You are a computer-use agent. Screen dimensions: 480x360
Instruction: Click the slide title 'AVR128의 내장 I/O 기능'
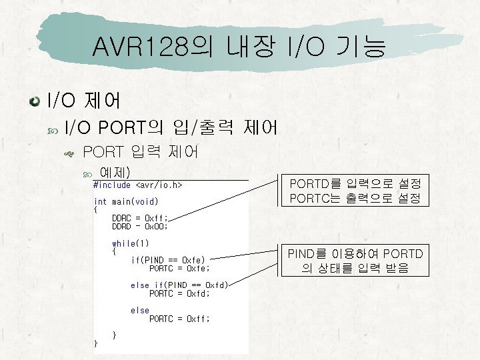(239, 47)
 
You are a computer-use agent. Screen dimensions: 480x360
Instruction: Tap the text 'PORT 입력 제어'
(141, 153)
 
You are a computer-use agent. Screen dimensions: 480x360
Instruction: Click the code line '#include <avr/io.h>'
(138, 185)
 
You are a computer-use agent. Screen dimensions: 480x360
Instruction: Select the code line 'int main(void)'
(126, 201)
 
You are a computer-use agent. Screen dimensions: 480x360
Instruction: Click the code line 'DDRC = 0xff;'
(140, 218)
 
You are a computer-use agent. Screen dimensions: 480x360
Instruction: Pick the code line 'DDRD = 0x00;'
(140, 226)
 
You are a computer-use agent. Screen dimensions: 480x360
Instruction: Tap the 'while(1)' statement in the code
(131, 243)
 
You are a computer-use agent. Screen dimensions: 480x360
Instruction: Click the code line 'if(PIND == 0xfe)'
(168, 260)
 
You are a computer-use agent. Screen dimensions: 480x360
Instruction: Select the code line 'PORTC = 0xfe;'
(179, 268)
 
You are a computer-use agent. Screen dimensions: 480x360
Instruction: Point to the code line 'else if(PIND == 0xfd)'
(179, 285)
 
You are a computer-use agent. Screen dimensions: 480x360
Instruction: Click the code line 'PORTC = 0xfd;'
(179, 293)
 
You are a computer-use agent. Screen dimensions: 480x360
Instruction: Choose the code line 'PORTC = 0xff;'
(179, 319)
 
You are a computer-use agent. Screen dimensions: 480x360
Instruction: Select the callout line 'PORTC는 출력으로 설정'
(355, 199)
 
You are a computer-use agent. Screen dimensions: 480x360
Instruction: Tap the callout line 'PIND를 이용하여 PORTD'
(355, 254)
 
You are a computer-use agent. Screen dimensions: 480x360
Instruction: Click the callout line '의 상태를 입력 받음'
(355, 269)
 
